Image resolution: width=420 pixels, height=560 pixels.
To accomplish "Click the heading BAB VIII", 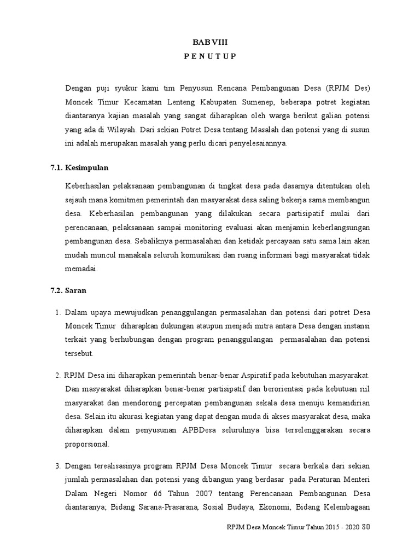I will tap(210, 43).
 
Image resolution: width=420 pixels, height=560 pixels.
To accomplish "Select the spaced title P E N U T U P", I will tap(210, 57).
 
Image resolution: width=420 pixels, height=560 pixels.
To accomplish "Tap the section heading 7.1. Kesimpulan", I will tap(83, 167).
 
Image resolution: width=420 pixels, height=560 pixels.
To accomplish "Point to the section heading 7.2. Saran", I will tap(69, 291).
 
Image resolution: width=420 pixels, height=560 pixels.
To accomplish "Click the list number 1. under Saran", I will tap(57, 312).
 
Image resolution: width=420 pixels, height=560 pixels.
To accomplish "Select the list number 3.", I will tap(57, 466).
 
